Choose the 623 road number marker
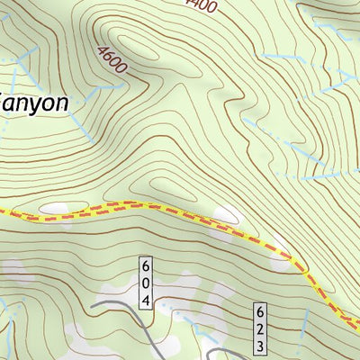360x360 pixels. click(259, 328)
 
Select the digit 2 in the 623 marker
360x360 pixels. click(259, 328)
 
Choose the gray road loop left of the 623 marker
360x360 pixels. click(220, 351)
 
